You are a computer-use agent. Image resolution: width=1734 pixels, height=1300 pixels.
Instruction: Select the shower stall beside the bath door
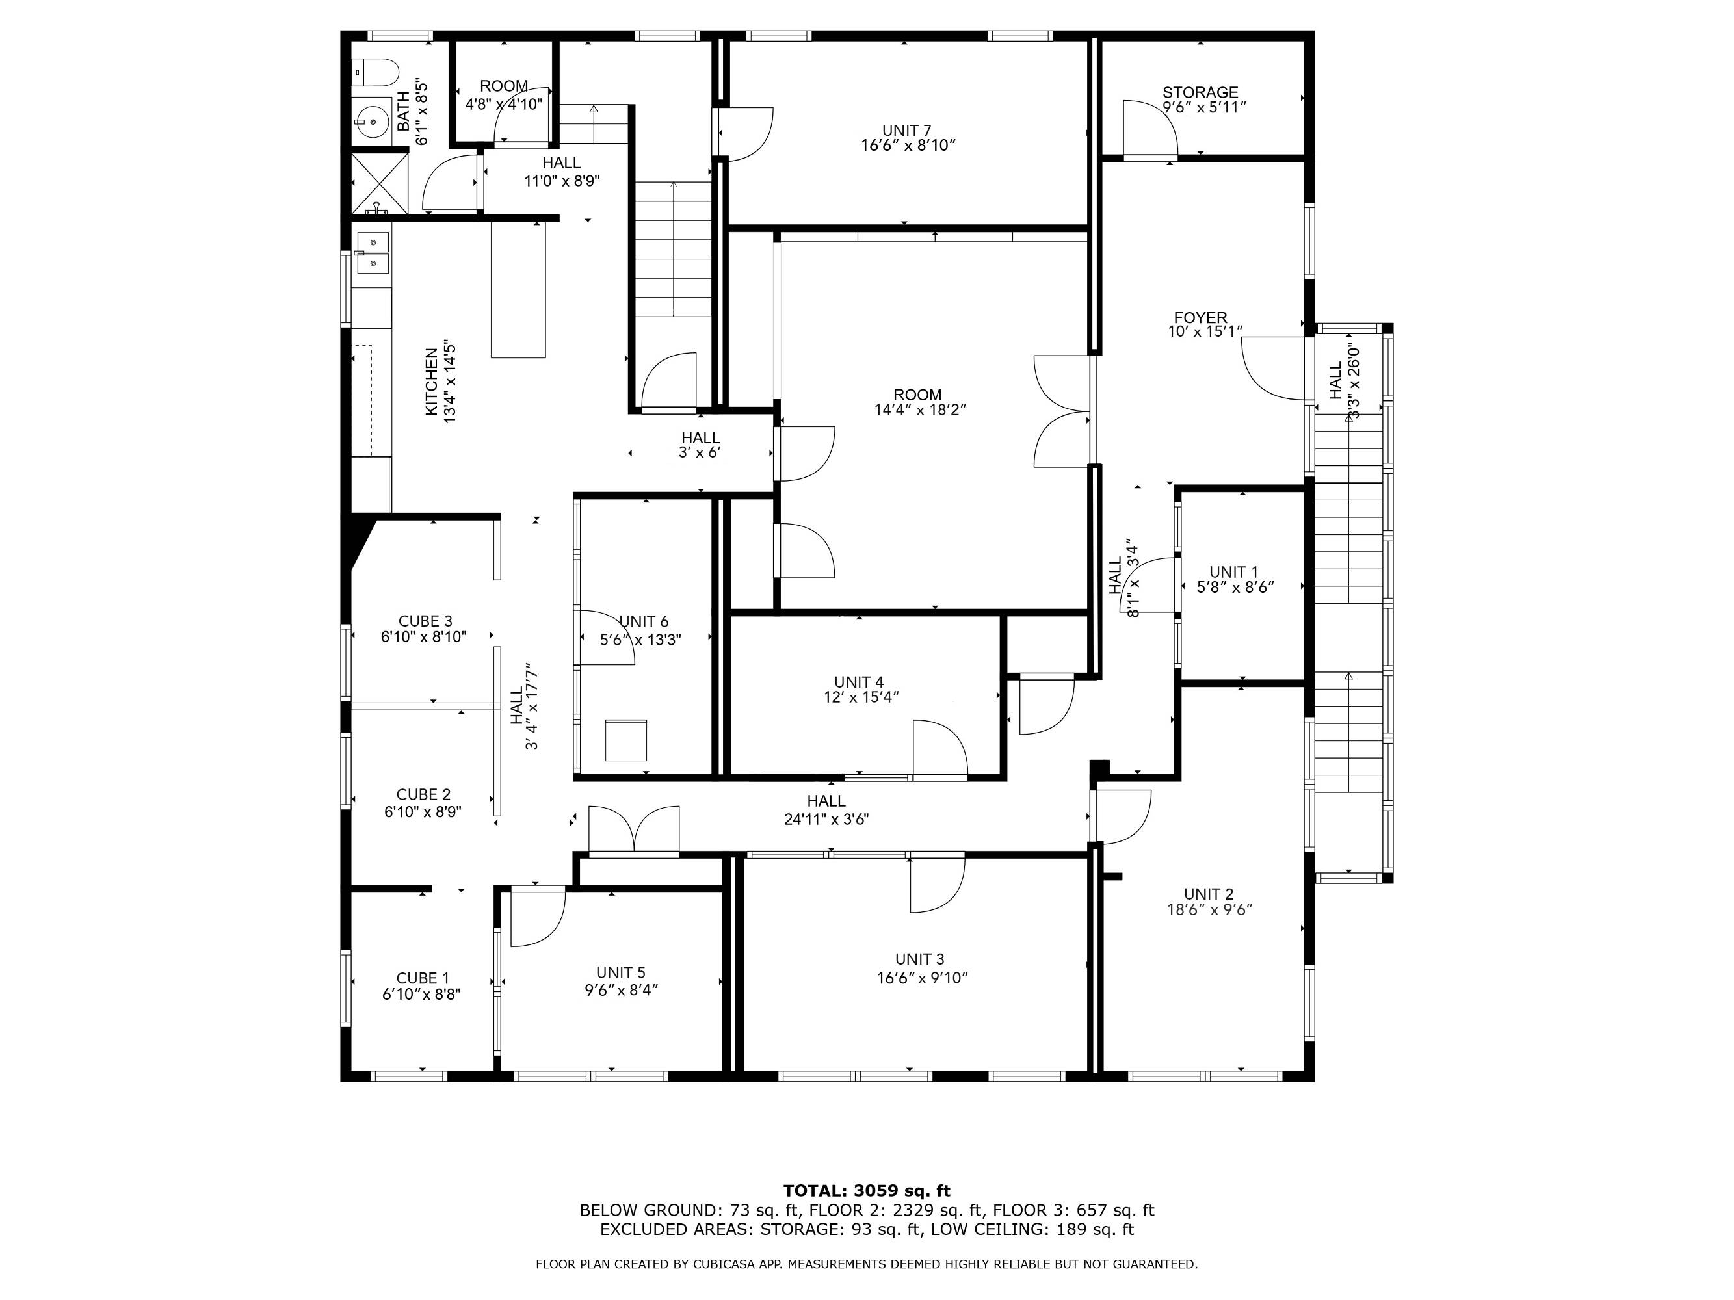point(380,183)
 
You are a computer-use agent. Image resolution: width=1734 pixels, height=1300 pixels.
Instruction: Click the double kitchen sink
point(373,253)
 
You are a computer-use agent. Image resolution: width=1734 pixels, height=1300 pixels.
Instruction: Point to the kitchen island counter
point(518,289)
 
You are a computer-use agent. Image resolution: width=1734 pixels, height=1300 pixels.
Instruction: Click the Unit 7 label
point(907,130)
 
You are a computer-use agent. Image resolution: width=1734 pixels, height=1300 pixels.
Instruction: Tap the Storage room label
point(1200,92)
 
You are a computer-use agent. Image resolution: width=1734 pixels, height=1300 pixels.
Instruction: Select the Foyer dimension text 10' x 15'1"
point(1205,332)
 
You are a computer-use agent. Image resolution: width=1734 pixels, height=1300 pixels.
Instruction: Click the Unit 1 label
point(1233,572)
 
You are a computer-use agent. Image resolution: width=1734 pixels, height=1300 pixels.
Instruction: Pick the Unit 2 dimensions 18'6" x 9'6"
point(1209,910)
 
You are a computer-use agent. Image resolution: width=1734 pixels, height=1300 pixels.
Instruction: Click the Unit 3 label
point(919,959)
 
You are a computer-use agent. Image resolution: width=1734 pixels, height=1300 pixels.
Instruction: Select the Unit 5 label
point(621,973)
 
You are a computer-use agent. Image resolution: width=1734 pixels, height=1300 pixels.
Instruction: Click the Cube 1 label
point(423,978)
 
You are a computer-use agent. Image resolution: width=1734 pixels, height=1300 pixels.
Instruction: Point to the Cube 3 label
point(425,622)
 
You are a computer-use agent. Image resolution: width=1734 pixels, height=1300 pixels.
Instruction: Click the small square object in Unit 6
point(626,740)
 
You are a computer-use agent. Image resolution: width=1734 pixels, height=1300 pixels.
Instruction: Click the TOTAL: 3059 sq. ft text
point(866,1191)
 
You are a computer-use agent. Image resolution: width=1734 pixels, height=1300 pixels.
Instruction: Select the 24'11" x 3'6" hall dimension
point(826,820)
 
